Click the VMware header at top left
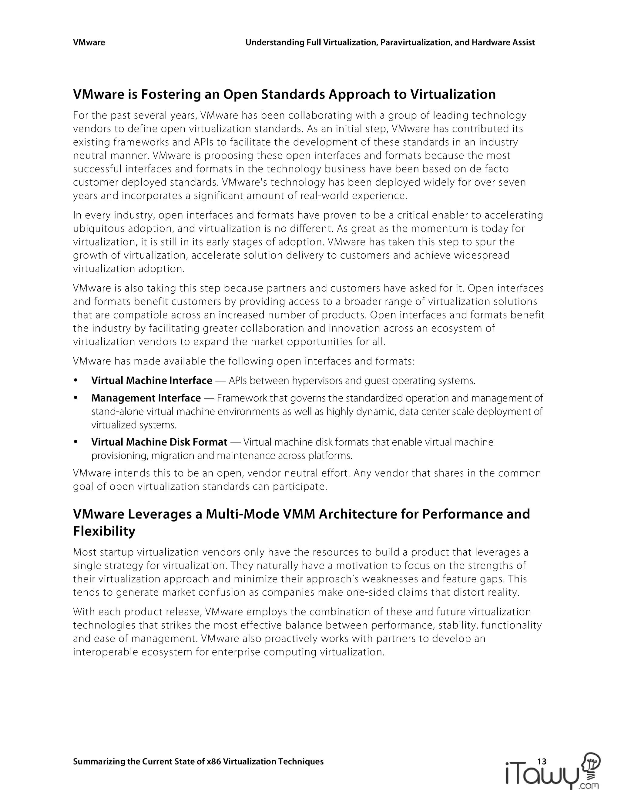[x=89, y=43]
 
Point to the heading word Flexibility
[x=104, y=531]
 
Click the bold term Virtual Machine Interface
[x=152, y=380]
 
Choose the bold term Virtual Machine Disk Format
[x=159, y=441]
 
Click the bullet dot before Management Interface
[x=76, y=398]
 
